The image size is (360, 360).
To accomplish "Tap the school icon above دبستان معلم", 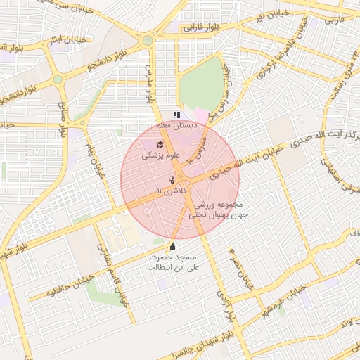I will pyautogui.click(x=176, y=114).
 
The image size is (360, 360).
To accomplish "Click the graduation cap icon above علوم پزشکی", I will pyautogui.click(x=150, y=143).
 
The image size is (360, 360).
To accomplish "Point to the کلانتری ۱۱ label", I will pyautogui.click(x=174, y=191).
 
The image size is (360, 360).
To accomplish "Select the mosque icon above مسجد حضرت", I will pyautogui.click(x=173, y=246).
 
